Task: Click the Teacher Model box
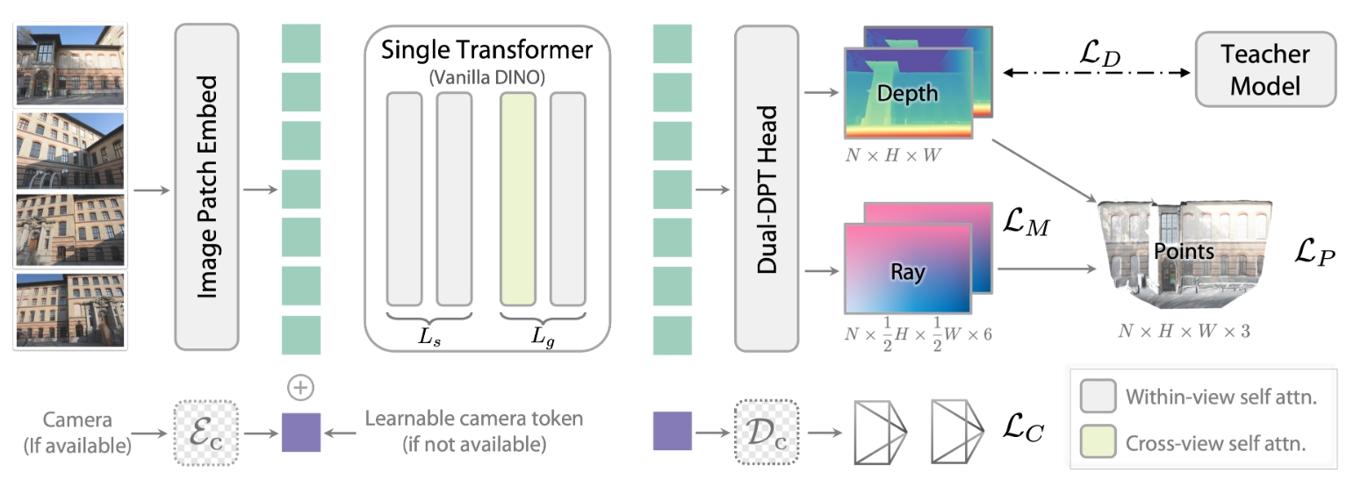click(x=1265, y=69)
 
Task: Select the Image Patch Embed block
click(x=206, y=186)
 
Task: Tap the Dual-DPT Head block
click(x=767, y=186)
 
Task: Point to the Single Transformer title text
click(x=486, y=49)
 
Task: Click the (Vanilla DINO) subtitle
click(x=486, y=77)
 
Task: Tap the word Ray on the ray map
click(x=907, y=272)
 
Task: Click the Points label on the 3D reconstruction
click(x=1184, y=252)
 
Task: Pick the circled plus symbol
click(x=300, y=387)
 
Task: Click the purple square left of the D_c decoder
click(x=672, y=432)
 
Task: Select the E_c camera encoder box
click(x=205, y=432)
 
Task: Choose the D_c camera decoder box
click(x=767, y=432)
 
